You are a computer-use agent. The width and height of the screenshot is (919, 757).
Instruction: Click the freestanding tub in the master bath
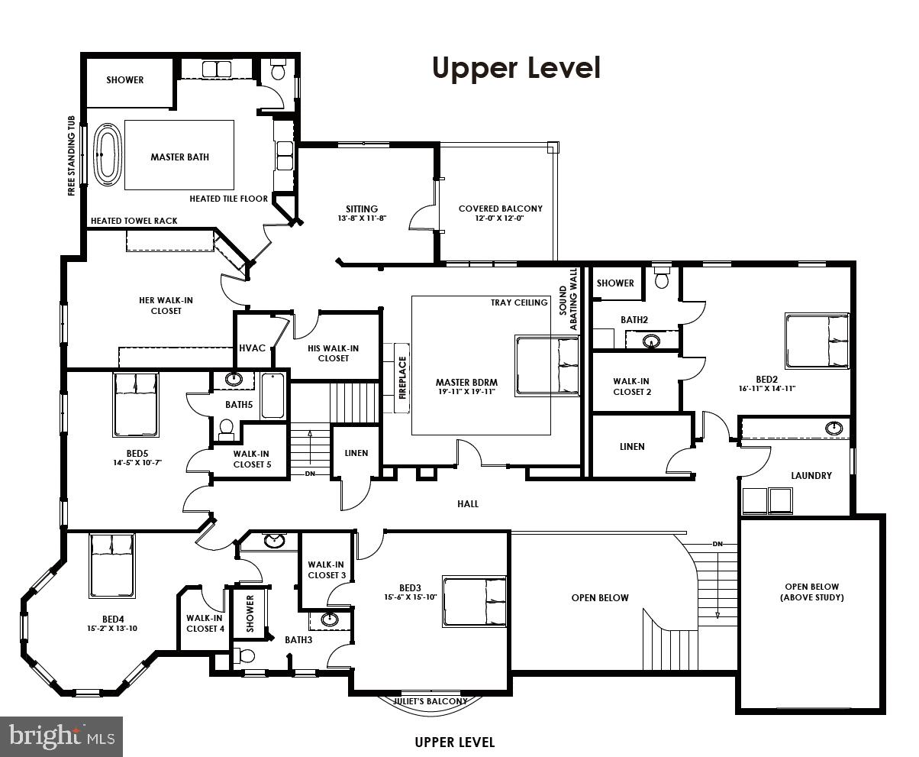107,156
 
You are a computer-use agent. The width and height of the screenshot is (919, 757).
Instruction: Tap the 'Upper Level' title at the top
516,67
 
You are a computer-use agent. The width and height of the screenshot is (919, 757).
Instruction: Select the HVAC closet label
252,348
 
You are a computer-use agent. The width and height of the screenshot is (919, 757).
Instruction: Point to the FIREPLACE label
403,377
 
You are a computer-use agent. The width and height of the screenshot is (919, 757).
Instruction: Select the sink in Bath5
234,379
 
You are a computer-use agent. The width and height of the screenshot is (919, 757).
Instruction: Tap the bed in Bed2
817,341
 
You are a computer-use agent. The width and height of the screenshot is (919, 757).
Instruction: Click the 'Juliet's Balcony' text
430,701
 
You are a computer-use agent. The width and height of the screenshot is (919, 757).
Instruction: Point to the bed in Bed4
112,565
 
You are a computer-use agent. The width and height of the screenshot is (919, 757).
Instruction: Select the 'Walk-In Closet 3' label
327,569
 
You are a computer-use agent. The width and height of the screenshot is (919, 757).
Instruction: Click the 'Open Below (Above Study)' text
813,592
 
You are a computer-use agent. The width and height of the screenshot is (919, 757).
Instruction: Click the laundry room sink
836,427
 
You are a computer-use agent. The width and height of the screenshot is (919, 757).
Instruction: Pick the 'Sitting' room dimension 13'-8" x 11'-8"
361,218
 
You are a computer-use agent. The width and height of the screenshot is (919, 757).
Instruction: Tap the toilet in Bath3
246,656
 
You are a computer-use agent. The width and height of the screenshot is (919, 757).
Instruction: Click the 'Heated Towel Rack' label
134,221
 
